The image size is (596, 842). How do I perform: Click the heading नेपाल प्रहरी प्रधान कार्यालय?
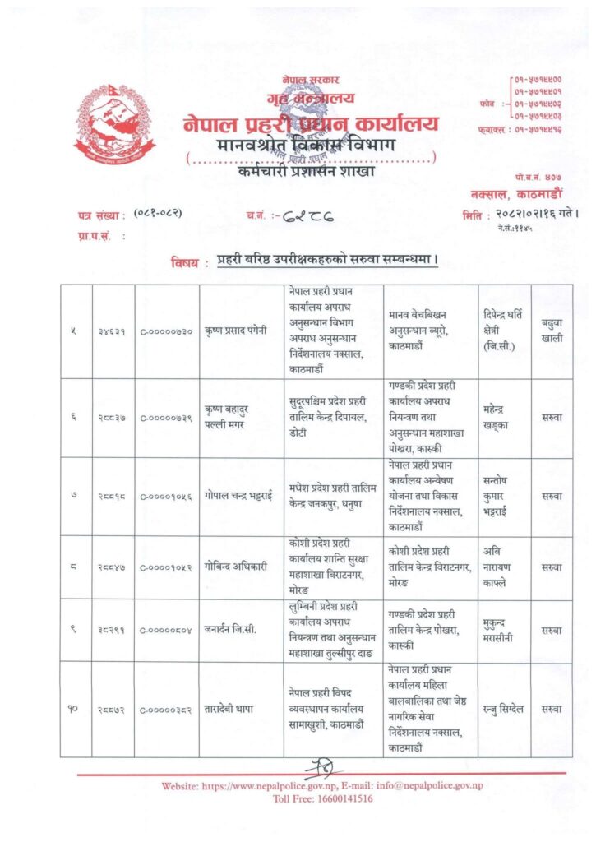pos(311,123)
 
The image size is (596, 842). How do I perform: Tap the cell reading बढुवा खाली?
pos(552,331)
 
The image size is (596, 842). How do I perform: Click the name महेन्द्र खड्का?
pos(501,417)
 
